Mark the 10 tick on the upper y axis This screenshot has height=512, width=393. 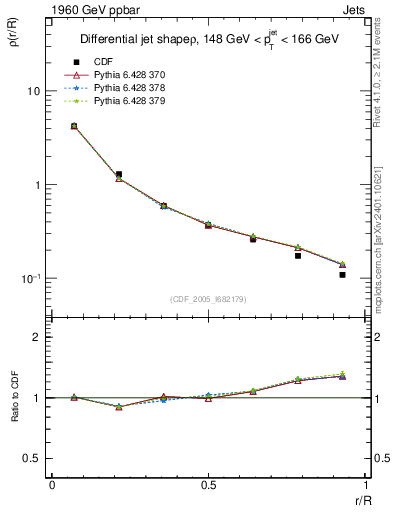click(33, 91)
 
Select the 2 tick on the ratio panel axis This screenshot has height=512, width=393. click(38, 337)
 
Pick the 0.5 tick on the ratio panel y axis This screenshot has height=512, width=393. click(33, 458)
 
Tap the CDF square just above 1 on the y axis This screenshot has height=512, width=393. click(118, 174)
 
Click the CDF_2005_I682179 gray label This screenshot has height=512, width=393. click(207, 300)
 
